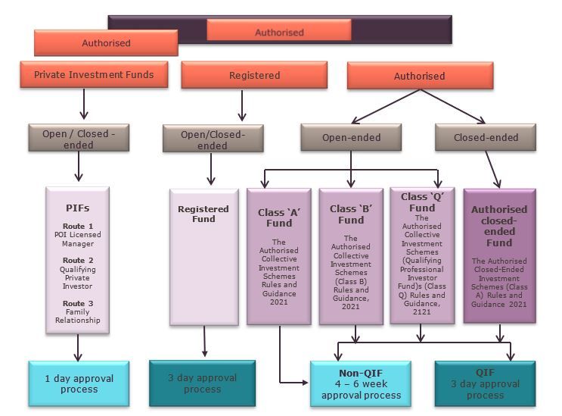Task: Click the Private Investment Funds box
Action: (x=94, y=75)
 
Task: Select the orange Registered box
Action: (x=254, y=76)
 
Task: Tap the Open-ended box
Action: (x=351, y=138)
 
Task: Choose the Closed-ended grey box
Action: (x=486, y=138)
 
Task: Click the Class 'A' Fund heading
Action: (x=278, y=218)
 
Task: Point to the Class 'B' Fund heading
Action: (x=350, y=214)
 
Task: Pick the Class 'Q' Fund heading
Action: (x=421, y=202)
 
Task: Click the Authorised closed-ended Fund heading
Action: (x=499, y=226)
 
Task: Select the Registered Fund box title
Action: (x=203, y=214)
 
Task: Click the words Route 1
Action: (x=79, y=226)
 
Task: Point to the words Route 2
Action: (x=79, y=260)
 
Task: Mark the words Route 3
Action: (x=79, y=302)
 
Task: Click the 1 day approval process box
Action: (x=79, y=383)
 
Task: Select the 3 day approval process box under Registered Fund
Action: (x=202, y=383)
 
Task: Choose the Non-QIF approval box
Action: (x=360, y=384)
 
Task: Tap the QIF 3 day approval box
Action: (x=485, y=383)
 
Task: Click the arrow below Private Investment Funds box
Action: (x=83, y=105)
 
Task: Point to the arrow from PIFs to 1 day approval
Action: (x=78, y=347)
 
